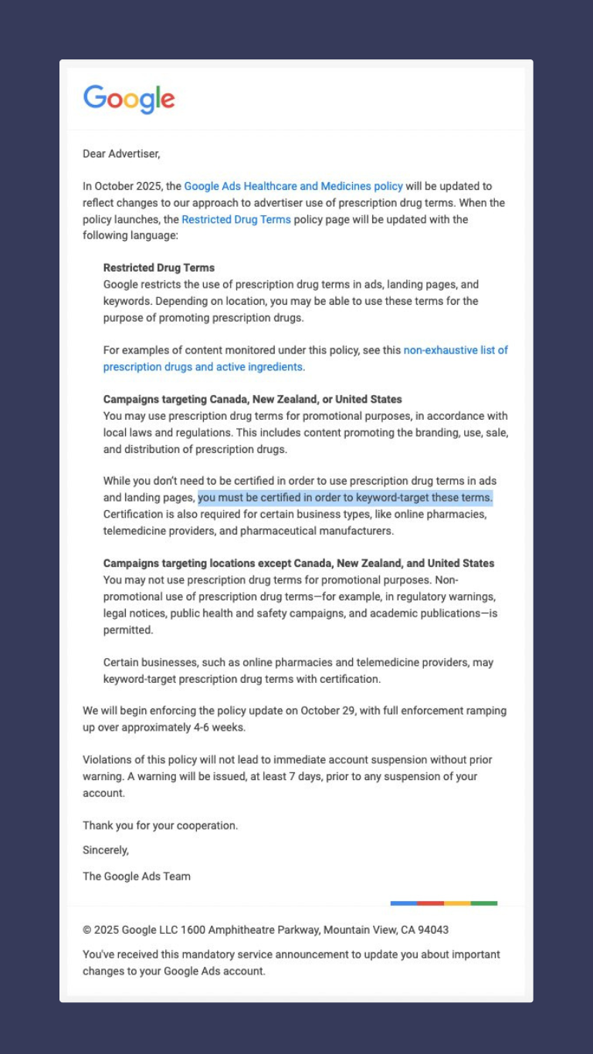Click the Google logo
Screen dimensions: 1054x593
(129, 100)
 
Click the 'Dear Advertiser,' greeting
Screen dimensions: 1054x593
(121, 154)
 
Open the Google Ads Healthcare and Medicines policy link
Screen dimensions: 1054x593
(293, 186)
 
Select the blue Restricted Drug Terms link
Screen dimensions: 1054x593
(236, 219)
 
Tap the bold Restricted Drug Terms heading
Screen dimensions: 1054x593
(159, 268)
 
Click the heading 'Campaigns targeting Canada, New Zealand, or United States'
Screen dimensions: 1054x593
(252, 400)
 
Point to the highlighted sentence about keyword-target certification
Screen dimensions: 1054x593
(345, 498)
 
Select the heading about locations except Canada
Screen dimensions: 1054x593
(299, 563)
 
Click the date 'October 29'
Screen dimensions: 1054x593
(327, 711)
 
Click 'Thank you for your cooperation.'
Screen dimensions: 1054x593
(161, 826)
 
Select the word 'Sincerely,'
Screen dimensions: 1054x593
(106, 850)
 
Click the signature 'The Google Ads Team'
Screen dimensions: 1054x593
(137, 876)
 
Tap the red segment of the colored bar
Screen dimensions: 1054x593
(430, 903)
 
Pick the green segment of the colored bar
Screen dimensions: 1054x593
(484, 903)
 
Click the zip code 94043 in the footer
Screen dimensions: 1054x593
(433, 930)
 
